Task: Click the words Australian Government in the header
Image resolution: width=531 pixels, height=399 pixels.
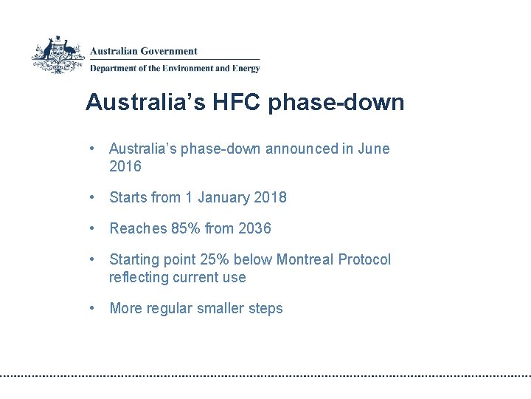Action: click(144, 51)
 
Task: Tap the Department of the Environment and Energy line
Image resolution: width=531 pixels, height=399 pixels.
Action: click(175, 69)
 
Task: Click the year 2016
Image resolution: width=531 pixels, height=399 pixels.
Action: click(125, 166)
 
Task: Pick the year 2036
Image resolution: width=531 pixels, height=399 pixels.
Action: click(254, 228)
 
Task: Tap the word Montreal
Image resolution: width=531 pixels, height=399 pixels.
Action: click(305, 259)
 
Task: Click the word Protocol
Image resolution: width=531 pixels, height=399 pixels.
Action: click(364, 259)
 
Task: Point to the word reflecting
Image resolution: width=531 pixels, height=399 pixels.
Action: click(139, 277)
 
